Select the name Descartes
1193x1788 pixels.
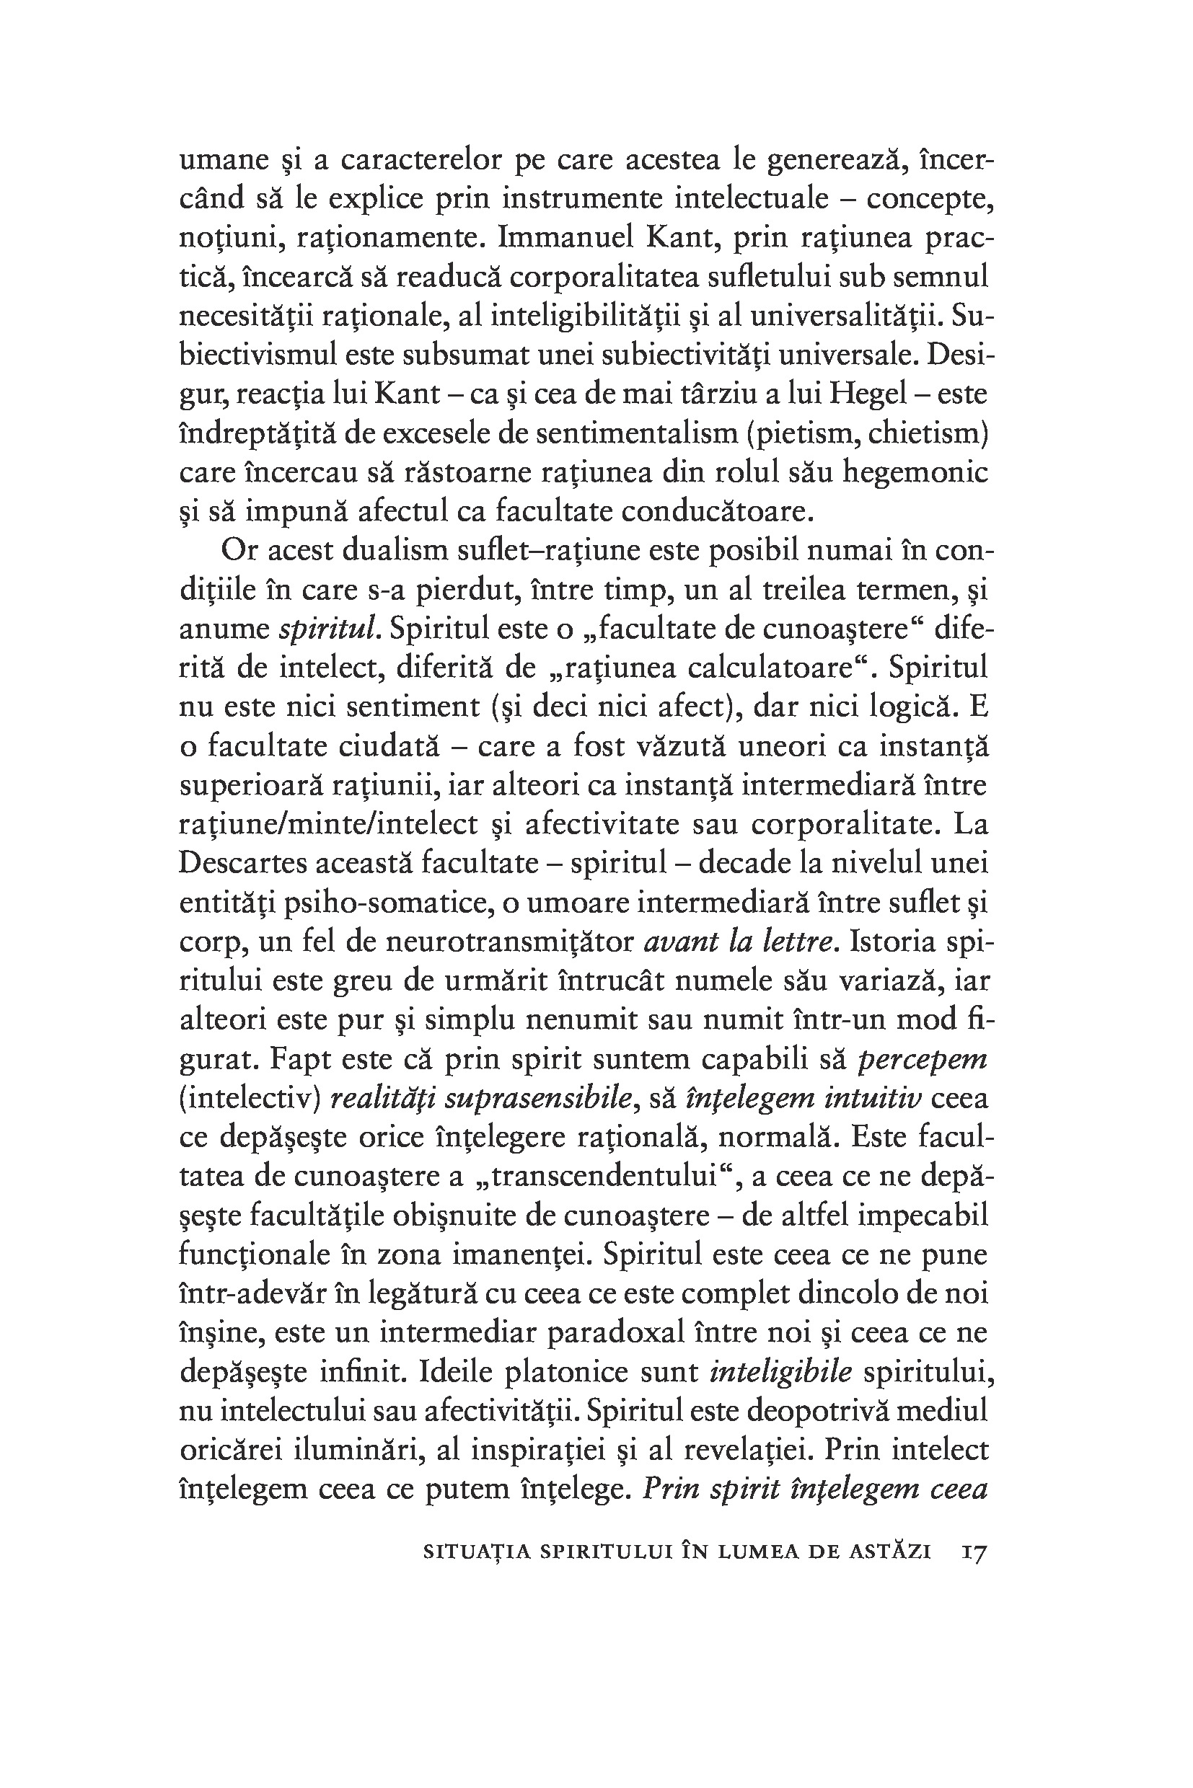(245, 863)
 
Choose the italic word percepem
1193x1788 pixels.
(922, 1059)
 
